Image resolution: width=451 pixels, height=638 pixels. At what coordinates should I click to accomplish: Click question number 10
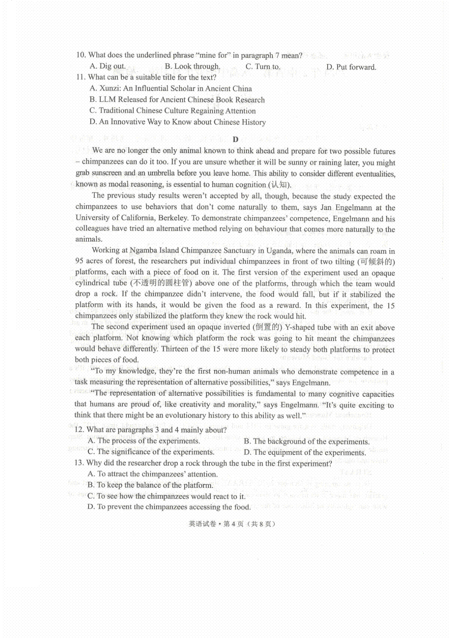(x=81, y=55)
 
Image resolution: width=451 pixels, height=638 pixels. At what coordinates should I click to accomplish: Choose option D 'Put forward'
(x=351, y=67)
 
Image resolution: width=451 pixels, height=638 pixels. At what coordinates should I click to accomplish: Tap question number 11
(x=81, y=77)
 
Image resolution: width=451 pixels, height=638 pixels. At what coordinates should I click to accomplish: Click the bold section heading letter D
(x=235, y=139)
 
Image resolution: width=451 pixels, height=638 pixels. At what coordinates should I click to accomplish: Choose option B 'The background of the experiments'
(x=307, y=441)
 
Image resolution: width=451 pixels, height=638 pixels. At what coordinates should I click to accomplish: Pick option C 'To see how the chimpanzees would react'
(x=166, y=496)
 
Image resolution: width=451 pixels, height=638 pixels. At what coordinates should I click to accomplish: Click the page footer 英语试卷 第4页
(x=232, y=524)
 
